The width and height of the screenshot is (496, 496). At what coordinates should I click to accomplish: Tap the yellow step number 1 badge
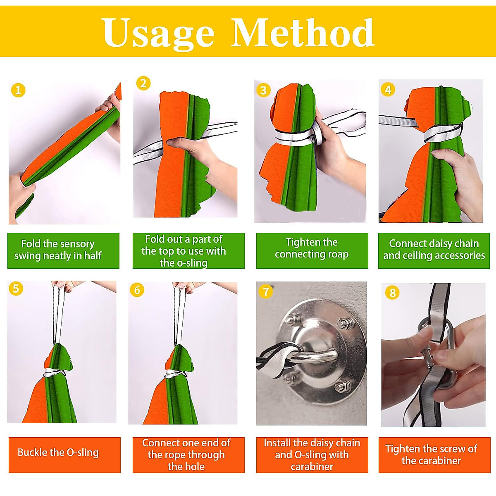18,90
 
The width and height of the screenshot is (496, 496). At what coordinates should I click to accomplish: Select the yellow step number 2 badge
143,83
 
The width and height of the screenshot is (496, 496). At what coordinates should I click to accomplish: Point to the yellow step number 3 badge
263,90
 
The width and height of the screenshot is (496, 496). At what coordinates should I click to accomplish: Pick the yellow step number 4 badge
388,90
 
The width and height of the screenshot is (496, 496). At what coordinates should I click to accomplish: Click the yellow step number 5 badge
16,288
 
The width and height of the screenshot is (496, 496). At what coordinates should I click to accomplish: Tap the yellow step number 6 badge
137,290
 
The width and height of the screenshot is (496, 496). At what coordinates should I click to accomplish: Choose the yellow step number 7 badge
266,292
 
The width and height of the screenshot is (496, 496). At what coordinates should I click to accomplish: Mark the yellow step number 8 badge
392,293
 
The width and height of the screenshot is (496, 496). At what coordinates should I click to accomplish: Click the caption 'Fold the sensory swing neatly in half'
58,250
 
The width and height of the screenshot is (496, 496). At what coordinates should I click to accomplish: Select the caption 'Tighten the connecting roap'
312,248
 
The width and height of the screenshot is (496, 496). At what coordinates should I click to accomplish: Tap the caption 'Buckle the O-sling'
58,452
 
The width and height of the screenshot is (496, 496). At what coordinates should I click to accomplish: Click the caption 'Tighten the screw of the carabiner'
431,455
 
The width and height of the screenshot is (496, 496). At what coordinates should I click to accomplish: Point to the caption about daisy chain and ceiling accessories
434,249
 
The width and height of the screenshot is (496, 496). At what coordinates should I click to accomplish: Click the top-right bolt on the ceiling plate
343,323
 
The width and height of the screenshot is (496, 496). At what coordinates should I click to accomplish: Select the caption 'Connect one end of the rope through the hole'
186,455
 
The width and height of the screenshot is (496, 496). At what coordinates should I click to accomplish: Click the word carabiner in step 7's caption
312,466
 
